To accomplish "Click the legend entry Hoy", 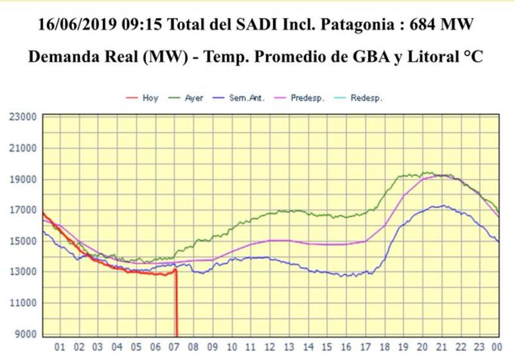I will pyautogui.click(x=150, y=98).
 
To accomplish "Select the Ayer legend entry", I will pyautogui.click(x=194, y=98).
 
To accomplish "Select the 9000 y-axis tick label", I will pyautogui.click(x=24, y=334).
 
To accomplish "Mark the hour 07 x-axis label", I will pyautogui.click(x=173, y=347).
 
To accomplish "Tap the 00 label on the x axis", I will pyautogui.click(x=495, y=347).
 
